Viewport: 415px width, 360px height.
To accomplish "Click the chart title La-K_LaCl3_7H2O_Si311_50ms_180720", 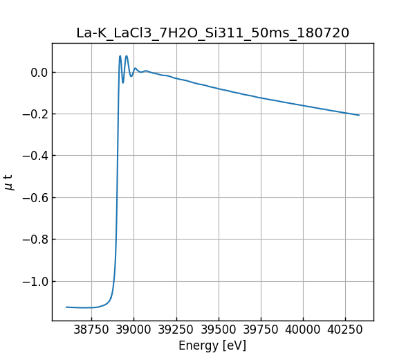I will click(212, 33).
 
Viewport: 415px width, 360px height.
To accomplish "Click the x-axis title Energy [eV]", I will click(212, 345).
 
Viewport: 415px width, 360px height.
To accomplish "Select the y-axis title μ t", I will click(9, 182).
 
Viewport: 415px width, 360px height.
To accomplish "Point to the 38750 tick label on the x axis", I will click(91, 331).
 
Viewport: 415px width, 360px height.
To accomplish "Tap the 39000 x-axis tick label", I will click(133, 331).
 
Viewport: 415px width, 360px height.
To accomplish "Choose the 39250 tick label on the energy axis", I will click(176, 331).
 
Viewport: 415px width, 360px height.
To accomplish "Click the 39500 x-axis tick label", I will click(219, 331).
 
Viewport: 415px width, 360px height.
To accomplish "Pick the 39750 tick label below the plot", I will click(261, 331).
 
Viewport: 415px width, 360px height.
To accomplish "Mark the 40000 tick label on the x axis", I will click(303, 331).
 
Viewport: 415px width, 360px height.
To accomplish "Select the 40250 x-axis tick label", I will click(345, 331).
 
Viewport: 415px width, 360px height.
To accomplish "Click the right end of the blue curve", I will click(359, 115).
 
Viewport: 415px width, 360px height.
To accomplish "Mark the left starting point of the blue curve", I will click(66, 307).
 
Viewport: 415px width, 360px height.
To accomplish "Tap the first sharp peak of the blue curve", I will click(120, 56).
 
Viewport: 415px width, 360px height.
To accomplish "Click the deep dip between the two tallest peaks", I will click(123, 82).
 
